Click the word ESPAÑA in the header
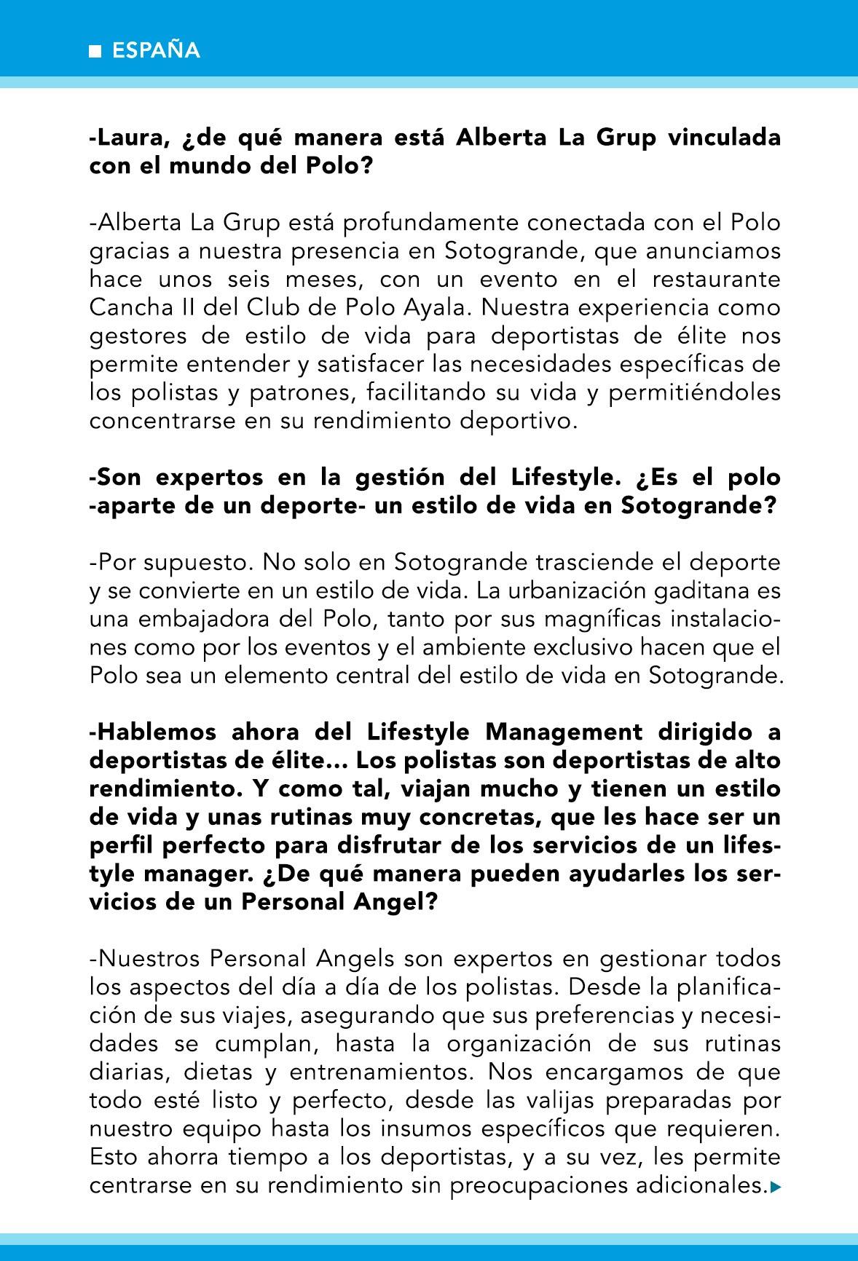click(x=155, y=51)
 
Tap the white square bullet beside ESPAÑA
click(x=94, y=52)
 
